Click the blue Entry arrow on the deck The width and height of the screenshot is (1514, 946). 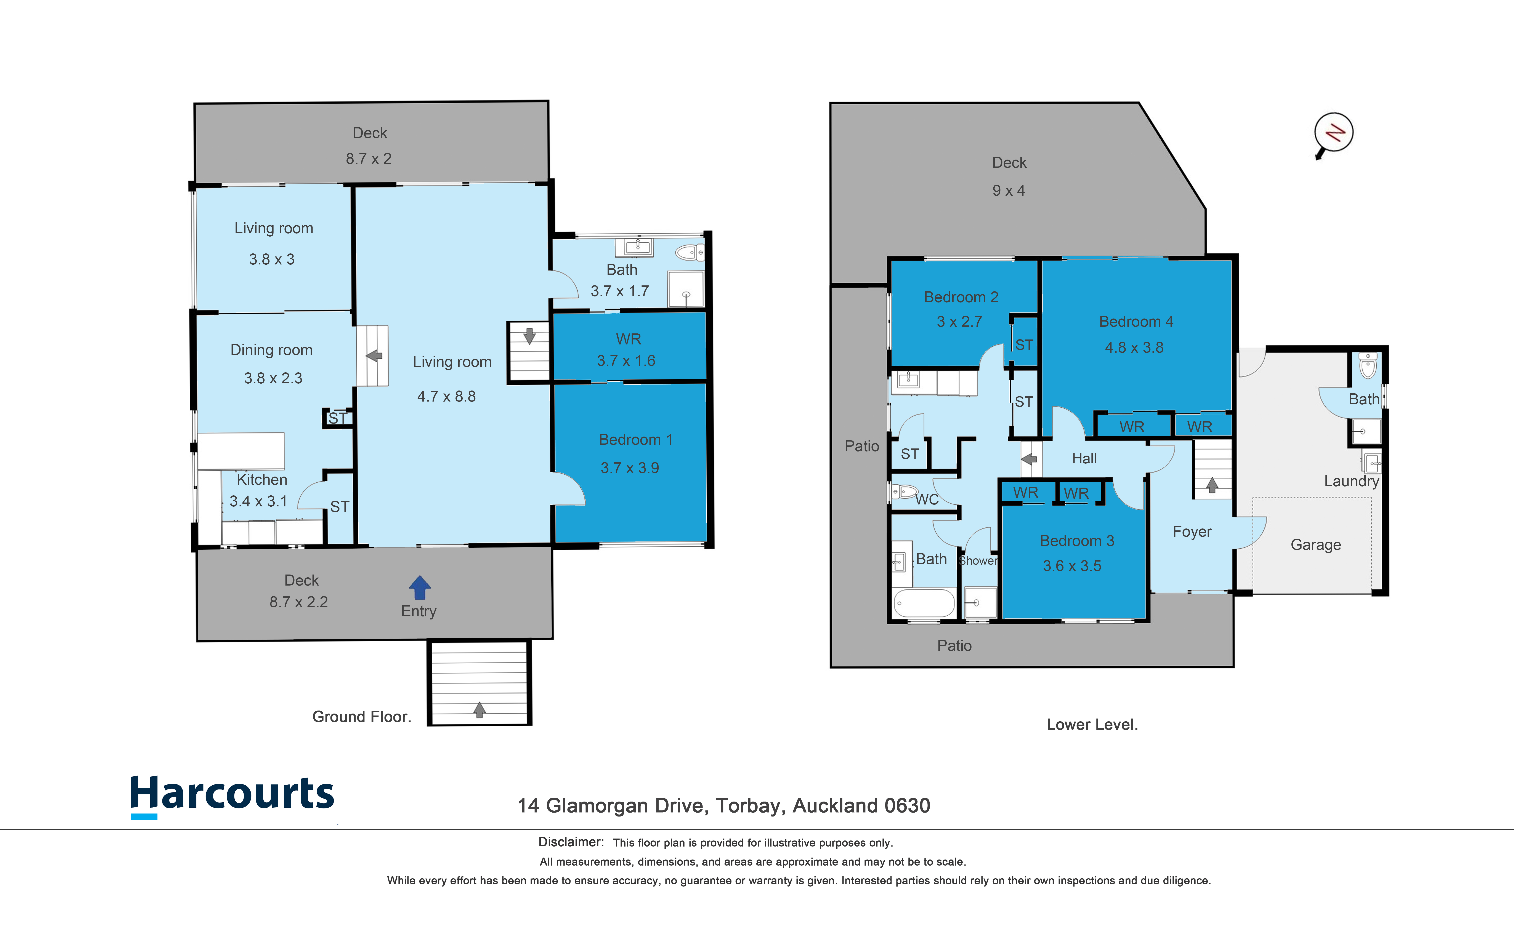[420, 587]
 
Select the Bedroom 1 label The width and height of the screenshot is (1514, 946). [636, 440]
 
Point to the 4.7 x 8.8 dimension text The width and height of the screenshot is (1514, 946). [447, 397]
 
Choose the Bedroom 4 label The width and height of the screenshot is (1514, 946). [1136, 322]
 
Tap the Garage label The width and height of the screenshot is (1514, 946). [1316, 545]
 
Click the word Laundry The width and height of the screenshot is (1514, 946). [1351, 481]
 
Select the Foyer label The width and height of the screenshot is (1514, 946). [1192, 532]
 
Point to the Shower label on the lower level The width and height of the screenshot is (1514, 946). [978, 561]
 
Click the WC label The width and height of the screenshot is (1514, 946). [927, 499]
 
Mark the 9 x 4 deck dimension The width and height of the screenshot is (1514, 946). [1009, 191]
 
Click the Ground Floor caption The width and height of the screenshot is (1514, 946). [362, 717]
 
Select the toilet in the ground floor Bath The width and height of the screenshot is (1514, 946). [690, 253]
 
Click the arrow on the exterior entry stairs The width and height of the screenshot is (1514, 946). [479, 709]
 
